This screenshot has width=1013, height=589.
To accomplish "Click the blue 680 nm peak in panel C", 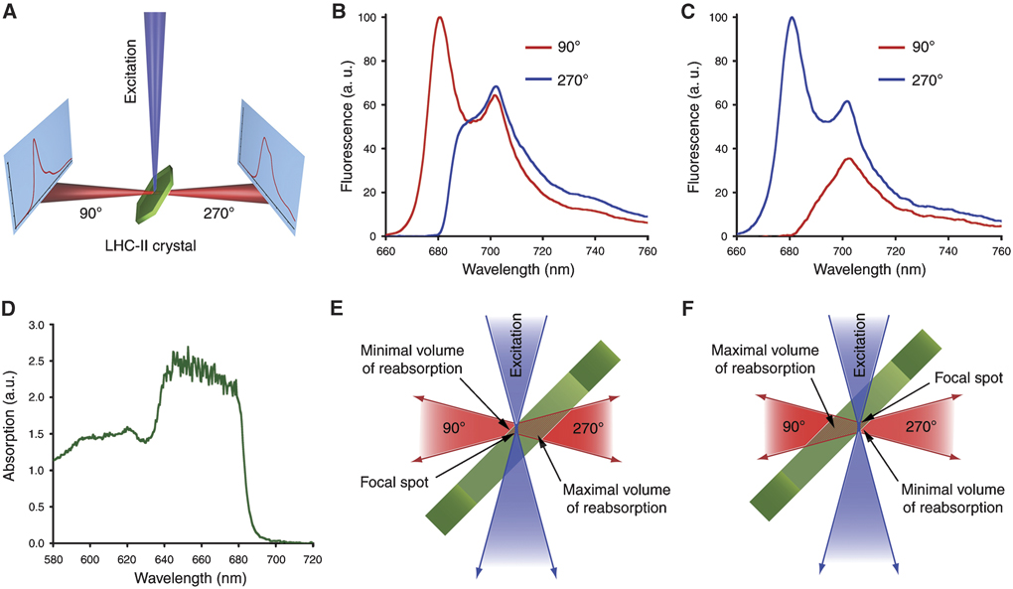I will (x=792, y=18).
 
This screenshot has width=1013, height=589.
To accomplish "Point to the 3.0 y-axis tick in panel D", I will (x=38, y=326).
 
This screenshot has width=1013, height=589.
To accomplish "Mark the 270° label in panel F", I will (x=919, y=429).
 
